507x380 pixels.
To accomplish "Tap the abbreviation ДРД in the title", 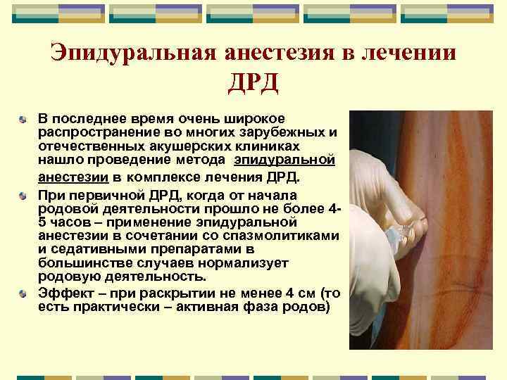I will pos(254,84).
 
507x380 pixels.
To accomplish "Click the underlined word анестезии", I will pos(68,176).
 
